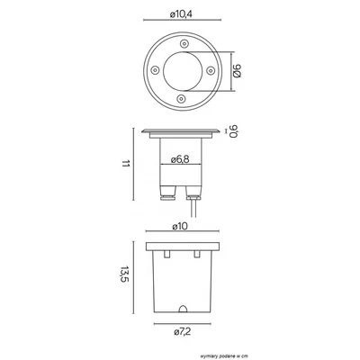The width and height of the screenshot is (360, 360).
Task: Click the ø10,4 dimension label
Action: [181, 14]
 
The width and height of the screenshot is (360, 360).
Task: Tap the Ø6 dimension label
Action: [237, 71]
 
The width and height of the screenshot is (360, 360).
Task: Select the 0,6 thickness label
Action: [233, 131]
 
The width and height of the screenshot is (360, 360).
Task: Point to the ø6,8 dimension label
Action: [180, 159]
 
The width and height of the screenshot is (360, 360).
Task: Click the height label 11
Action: [125, 164]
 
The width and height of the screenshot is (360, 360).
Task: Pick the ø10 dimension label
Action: [180, 226]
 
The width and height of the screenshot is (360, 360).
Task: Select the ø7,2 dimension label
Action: [183, 332]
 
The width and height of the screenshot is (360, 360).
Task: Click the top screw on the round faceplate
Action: [184, 44]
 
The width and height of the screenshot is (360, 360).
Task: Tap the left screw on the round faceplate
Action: [155, 70]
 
